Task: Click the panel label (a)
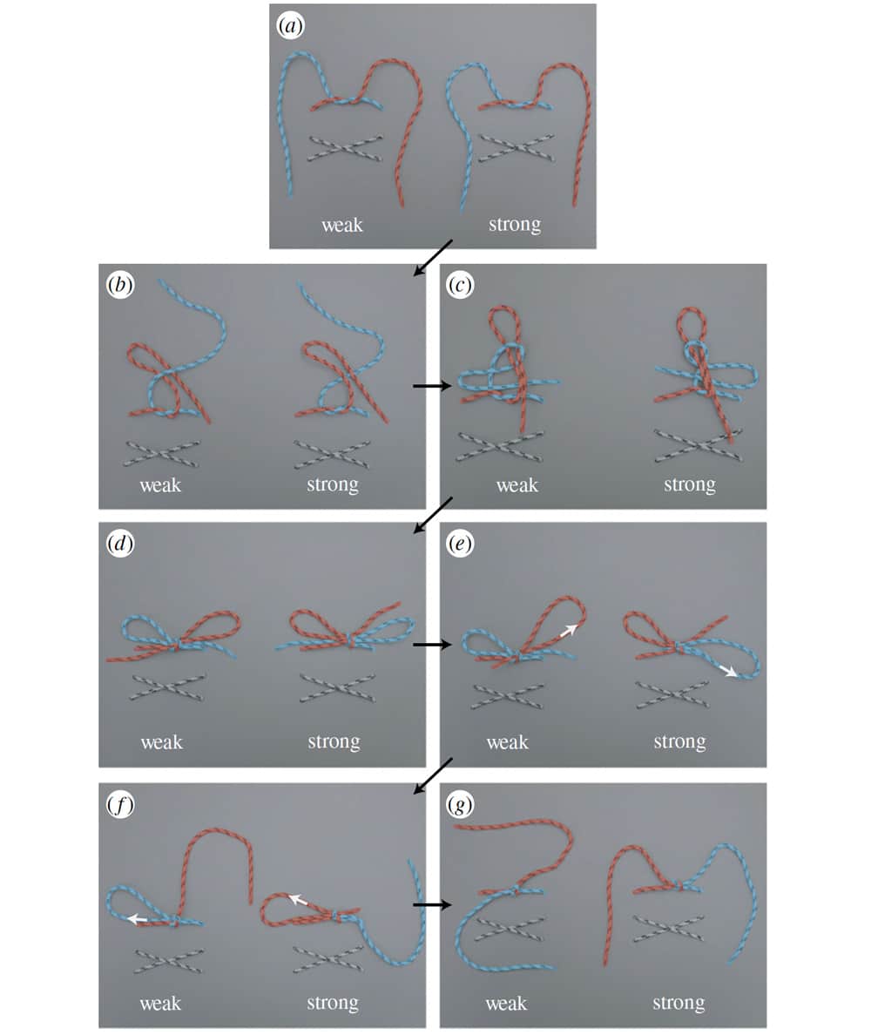pyautogui.click(x=290, y=26)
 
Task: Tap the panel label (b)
pyautogui.click(x=120, y=285)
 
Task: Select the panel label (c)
pyautogui.click(x=460, y=285)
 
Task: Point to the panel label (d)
pyautogui.click(x=120, y=544)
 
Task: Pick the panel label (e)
pyautogui.click(x=460, y=544)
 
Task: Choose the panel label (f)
pyautogui.click(x=120, y=805)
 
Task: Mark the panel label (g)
pyautogui.click(x=460, y=805)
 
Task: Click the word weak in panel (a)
pyautogui.click(x=341, y=225)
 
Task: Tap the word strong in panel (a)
pyautogui.click(x=515, y=225)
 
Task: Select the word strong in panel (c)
pyautogui.click(x=690, y=485)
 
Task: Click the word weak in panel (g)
pyautogui.click(x=506, y=1004)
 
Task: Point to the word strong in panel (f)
pyautogui.click(x=333, y=1004)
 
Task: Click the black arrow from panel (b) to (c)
pyautogui.click(x=432, y=385)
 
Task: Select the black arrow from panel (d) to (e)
pyautogui.click(x=432, y=644)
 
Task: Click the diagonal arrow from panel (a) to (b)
pyautogui.click(x=433, y=257)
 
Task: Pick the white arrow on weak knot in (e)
pyautogui.click(x=569, y=631)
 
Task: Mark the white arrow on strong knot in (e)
pyautogui.click(x=728, y=671)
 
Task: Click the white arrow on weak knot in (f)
pyautogui.click(x=138, y=919)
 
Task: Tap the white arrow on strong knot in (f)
pyautogui.click(x=298, y=899)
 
